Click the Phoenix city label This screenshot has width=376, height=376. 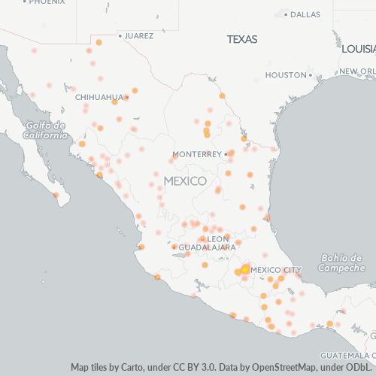47,2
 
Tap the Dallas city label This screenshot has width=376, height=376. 305,14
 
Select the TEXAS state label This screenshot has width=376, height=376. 242,39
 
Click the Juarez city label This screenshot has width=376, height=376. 139,35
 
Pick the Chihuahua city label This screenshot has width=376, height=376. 99,97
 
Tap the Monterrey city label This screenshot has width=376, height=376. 196,154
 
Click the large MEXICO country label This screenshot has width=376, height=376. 185,181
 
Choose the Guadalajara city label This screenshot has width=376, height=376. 203,247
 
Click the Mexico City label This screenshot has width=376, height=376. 276,269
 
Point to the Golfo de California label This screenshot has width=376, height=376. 44,130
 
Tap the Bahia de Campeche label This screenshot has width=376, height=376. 342,263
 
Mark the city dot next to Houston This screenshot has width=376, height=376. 310,75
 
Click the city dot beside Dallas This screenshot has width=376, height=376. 287,14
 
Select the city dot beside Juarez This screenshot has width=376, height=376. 120,35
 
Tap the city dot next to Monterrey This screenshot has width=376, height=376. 225,154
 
